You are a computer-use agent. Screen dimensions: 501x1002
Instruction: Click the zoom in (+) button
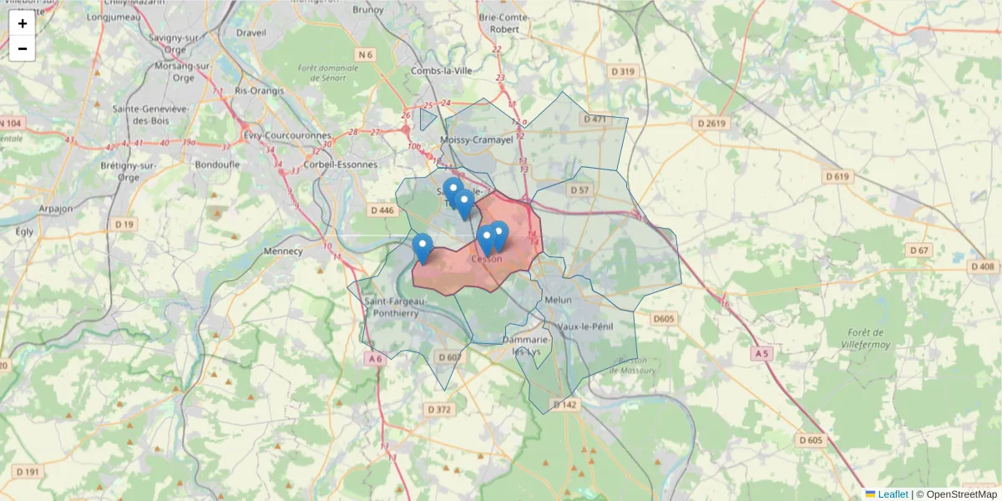coord(22,23)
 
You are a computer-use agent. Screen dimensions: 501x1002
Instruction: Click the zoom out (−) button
coord(22,48)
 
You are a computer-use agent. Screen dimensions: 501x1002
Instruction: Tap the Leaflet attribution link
coord(892,494)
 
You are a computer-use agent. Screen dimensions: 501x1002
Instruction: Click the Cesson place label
coord(487,259)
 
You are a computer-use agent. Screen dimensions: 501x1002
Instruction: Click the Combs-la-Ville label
coord(442,71)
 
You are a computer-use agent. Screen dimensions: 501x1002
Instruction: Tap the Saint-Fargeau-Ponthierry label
coord(395,306)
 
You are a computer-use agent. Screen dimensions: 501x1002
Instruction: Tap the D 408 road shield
coord(983,266)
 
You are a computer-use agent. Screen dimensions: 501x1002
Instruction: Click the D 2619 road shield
coord(712,123)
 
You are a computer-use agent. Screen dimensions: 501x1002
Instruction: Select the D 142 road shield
coord(564,405)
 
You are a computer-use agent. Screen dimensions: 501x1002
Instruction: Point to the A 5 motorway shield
coord(760,354)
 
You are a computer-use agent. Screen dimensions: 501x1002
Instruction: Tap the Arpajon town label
coord(56,209)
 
